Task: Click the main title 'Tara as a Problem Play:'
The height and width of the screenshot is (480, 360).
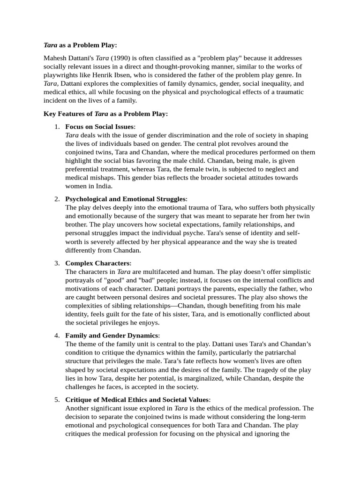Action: tap(80, 45)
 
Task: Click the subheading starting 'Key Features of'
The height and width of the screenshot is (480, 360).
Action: tap(105, 114)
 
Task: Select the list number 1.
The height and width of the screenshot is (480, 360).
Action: tap(56, 127)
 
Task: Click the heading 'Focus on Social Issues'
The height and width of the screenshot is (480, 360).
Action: tap(99, 127)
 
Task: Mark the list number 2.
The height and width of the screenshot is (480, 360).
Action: tap(56, 199)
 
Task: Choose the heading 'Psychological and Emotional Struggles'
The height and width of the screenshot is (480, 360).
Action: tap(125, 199)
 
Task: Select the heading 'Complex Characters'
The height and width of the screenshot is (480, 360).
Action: tap(97, 263)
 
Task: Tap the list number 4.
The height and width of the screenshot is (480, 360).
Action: tap(56, 336)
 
